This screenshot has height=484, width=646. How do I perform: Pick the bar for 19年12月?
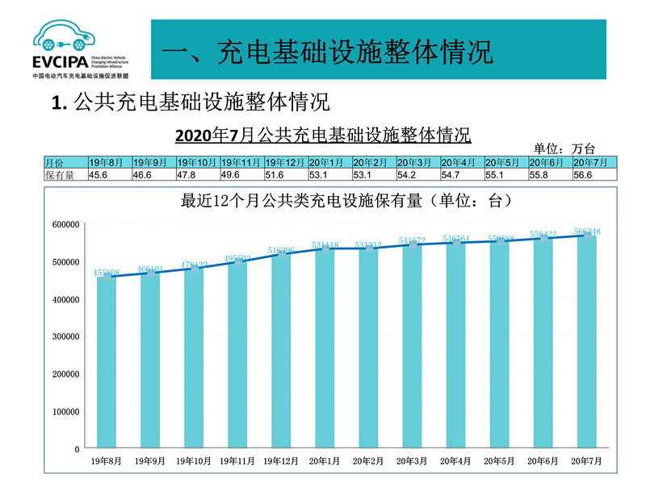(281, 351)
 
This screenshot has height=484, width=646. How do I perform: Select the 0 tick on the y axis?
(77, 449)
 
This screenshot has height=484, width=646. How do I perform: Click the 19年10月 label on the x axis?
(194, 461)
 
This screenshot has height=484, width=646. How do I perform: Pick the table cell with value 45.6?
(109, 174)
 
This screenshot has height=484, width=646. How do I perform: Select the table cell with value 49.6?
(241, 174)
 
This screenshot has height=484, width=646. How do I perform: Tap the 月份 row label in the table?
(65, 162)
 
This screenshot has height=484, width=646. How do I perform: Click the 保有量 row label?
(65, 174)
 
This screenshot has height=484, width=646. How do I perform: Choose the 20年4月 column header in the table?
(461, 162)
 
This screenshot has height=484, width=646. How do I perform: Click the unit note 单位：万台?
(564, 148)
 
